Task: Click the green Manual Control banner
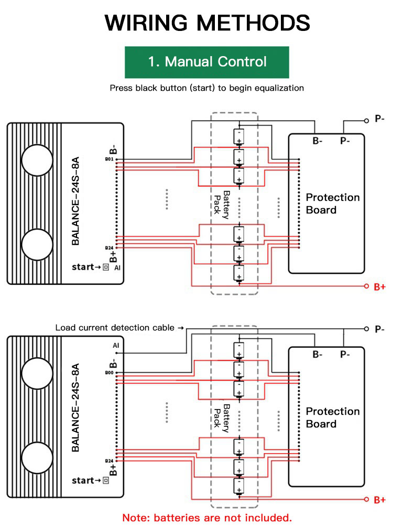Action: (207, 62)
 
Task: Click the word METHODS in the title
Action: (253, 23)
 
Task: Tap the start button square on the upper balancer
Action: (106, 267)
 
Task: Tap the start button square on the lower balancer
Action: (106, 480)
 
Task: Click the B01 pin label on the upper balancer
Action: (110, 159)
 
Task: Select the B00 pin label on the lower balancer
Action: (110, 373)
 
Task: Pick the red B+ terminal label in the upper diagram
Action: (380, 287)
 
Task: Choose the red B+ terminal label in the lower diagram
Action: (380, 500)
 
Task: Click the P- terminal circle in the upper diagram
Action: (366, 121)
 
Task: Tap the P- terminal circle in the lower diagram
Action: (366, 329)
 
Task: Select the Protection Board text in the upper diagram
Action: (333, 203)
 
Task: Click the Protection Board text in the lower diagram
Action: (333, 417)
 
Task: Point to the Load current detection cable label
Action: (115, 328)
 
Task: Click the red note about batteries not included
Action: (207, 518)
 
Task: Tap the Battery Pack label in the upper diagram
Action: (222, 205)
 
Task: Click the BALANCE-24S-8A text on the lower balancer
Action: (76, 407)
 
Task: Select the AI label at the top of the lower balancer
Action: (116, 346)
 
